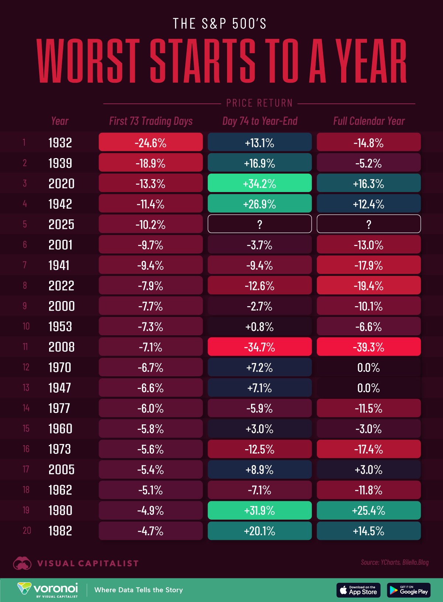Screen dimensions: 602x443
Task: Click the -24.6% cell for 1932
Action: tap(151, 143)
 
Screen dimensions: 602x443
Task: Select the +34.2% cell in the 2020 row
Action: tap(260, 183)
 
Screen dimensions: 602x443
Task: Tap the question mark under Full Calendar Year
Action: tap(368, 224)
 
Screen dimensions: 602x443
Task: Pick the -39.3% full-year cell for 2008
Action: tap(368, 347)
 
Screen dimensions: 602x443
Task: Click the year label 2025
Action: tap(61, 224)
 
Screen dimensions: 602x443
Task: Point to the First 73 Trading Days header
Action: tap(151, 121)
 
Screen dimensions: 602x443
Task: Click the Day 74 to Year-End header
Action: tap(260, 121)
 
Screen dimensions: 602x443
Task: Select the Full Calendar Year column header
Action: tap(368, 121)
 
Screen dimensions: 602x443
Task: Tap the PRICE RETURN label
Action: tap(259, 103)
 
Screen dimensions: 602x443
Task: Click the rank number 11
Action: tap(25, 347)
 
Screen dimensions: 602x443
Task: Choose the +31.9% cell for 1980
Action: tap(260, 510)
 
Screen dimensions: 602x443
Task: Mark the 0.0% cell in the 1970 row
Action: tap(368, 367)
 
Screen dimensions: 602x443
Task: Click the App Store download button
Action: tap(358, 590)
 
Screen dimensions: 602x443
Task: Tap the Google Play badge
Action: tap(409, 590)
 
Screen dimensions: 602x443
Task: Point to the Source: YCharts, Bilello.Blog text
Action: tap(395, 562)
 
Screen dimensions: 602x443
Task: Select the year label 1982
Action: tap(60, 531)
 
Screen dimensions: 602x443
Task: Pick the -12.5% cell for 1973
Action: tap(260, 449)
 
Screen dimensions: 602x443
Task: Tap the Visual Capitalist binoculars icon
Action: tap(22, 564)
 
